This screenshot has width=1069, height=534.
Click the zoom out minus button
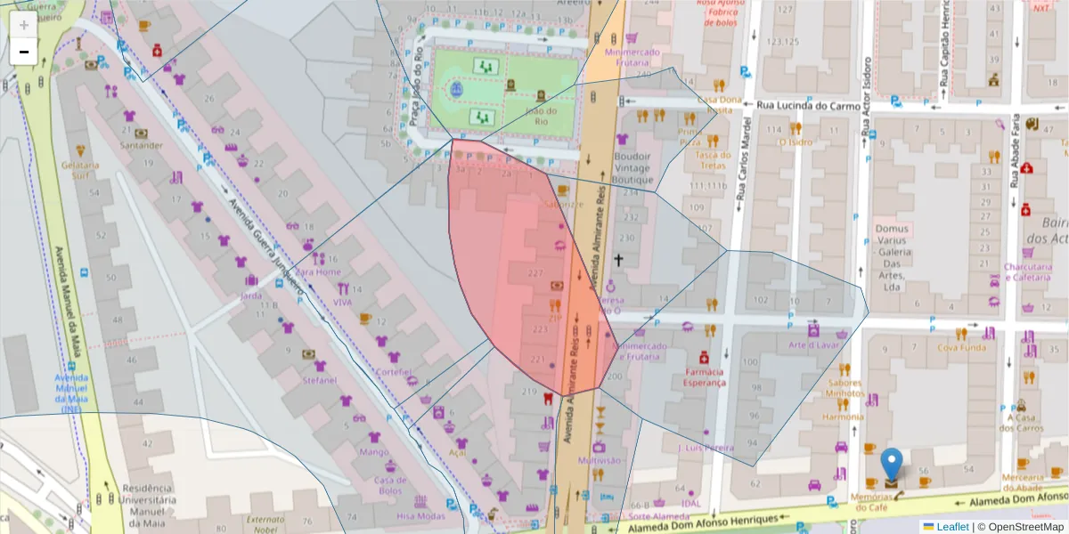point(24,52)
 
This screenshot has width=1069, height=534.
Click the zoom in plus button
point(24,25)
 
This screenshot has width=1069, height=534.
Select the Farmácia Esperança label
point(705,377)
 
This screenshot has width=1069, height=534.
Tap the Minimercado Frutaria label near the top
point(632,57)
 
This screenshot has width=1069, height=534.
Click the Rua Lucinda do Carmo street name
point(807,106)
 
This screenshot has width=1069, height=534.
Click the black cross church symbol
point(619,260)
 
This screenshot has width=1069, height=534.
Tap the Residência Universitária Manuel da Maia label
point(146,500)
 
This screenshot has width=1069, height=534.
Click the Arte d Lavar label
point(808,344)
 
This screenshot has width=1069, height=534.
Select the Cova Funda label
point(961,347)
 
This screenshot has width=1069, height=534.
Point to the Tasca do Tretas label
point(712,160)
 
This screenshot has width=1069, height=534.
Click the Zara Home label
point(317,271)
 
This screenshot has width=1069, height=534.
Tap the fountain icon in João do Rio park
point(457,90)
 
